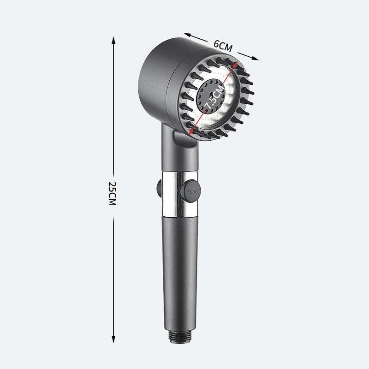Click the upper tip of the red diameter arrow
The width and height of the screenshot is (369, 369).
[x=238, y=63]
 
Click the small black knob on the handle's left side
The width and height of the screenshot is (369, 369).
[x=158, y=188]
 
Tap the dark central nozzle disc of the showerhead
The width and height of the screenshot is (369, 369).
[x=210, y=97]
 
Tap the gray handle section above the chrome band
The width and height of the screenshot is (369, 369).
[x=180, y=161]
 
